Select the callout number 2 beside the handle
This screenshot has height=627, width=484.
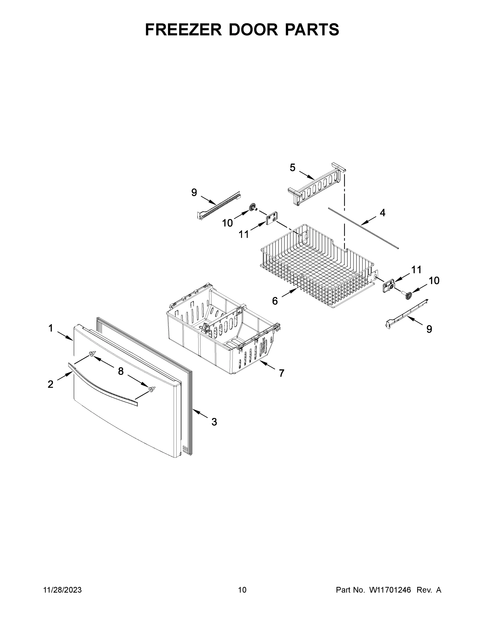click(50, 384)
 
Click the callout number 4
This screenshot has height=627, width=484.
click(383, 213)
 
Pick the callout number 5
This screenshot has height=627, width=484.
click(292, 167)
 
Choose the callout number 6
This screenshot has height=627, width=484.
click(275, 301)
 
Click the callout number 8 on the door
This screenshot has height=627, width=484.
click(121, 371)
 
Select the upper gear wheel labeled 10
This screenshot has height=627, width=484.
click(253, 207)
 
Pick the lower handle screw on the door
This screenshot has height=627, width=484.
click(152, 389)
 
